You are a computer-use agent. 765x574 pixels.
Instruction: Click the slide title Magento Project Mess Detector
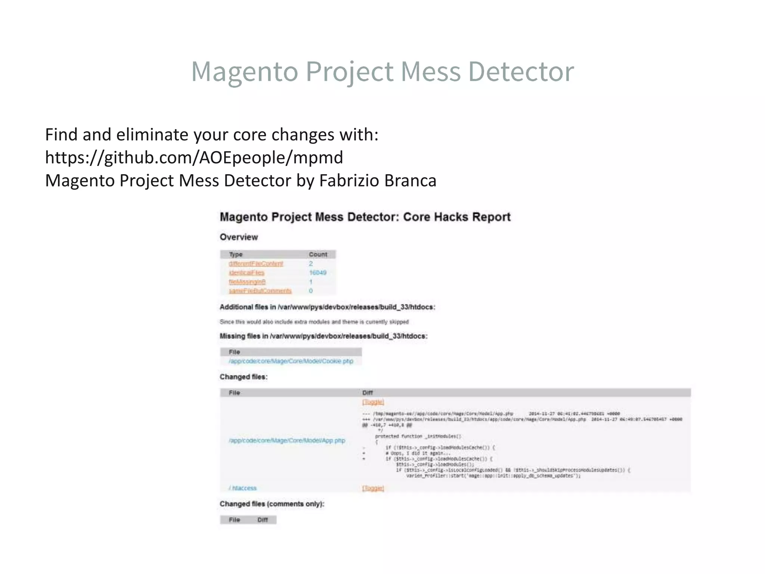coord(382,71)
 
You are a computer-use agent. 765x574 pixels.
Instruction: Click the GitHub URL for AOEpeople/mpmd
coord(194,157)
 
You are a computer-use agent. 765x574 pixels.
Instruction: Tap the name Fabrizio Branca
coord(378,180)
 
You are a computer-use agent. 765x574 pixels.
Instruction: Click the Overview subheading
coord(239,237)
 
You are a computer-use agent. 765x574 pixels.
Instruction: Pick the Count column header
coord(318,254)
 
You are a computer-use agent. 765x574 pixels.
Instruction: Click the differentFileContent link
coord(256,263)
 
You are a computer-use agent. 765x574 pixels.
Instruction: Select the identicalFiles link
coord(247,272)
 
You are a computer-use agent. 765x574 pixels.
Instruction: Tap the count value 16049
coord(318,272)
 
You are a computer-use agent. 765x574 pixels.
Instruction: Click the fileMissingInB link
coord(247,282)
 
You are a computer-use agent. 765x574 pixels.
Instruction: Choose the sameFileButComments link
coord(260,291)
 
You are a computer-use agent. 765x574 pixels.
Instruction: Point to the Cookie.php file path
coord(291,361)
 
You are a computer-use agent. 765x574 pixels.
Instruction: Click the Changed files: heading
coord(244,377)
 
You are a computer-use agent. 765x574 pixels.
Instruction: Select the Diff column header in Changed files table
coord(368,393)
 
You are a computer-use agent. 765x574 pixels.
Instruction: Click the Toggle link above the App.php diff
coord(373,402)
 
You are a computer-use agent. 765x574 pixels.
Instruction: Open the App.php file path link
coord(287,440)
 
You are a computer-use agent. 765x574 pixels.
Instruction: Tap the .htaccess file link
coord(243,488)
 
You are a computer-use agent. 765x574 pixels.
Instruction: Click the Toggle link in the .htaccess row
coord(373,488)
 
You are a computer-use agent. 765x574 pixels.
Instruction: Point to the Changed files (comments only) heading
coord(272,504)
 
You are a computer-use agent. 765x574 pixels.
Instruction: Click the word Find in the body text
coord(61,135)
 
